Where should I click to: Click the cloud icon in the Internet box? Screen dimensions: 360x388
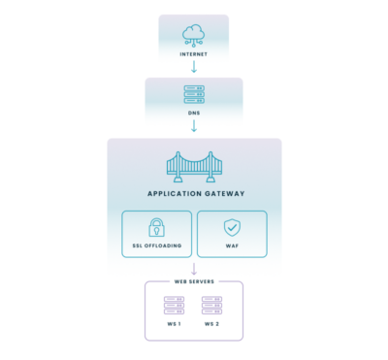click(x=194, y=35)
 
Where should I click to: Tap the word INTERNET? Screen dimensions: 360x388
click(x=194, y=54)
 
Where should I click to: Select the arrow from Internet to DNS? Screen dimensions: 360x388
click(x=194, y=68)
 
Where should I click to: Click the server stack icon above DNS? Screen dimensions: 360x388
click(x=194, y=95)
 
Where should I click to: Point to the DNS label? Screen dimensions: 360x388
click(x=194, y=114)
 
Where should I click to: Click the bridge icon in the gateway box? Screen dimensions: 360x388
click(x=194, y=166)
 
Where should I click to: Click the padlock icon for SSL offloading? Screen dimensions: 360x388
click(x=156, y=227)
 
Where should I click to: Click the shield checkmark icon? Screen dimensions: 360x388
click(x=232, y=227)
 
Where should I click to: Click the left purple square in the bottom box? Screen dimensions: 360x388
click(x=174, y=306)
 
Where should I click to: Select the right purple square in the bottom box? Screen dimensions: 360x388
click(x=212, y=306)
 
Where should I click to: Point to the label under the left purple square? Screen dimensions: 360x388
click(x=174, y=323)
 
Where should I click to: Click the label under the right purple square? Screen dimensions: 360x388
click(x=212, y=323)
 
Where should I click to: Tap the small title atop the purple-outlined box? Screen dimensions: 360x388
click(x=194, y=281)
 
